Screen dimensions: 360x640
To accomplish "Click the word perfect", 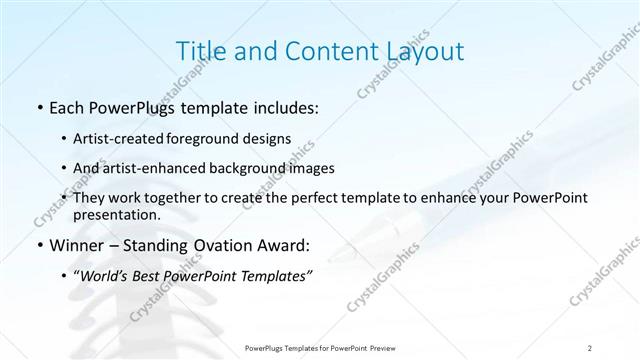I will point(322,199).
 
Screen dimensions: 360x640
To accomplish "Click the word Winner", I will point(72,245).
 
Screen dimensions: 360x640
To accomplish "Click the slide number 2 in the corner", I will point(590,347).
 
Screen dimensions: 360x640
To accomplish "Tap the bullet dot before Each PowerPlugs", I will point(38,108).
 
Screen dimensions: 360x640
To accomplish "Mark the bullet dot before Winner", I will point(38,245).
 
